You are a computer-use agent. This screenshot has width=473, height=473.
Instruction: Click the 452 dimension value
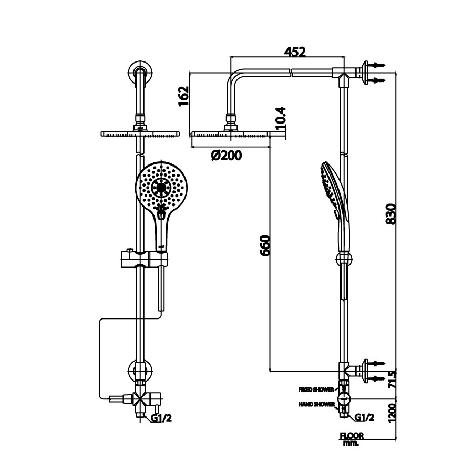(x=295, y=52)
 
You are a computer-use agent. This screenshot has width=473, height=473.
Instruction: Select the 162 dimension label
(x=183, y=96)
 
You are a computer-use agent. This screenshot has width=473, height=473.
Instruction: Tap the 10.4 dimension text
(x=281, y=118)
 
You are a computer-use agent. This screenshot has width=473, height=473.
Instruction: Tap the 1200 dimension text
(x=391, y=414)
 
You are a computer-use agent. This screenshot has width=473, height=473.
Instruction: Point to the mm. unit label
(x=350, y=443)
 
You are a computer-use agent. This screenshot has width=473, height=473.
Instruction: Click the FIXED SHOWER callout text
(x=316, y=390)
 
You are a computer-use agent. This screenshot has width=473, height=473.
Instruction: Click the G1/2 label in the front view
(x=161, y=418)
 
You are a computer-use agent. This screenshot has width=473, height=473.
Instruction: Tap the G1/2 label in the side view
(x=364, y=418)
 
